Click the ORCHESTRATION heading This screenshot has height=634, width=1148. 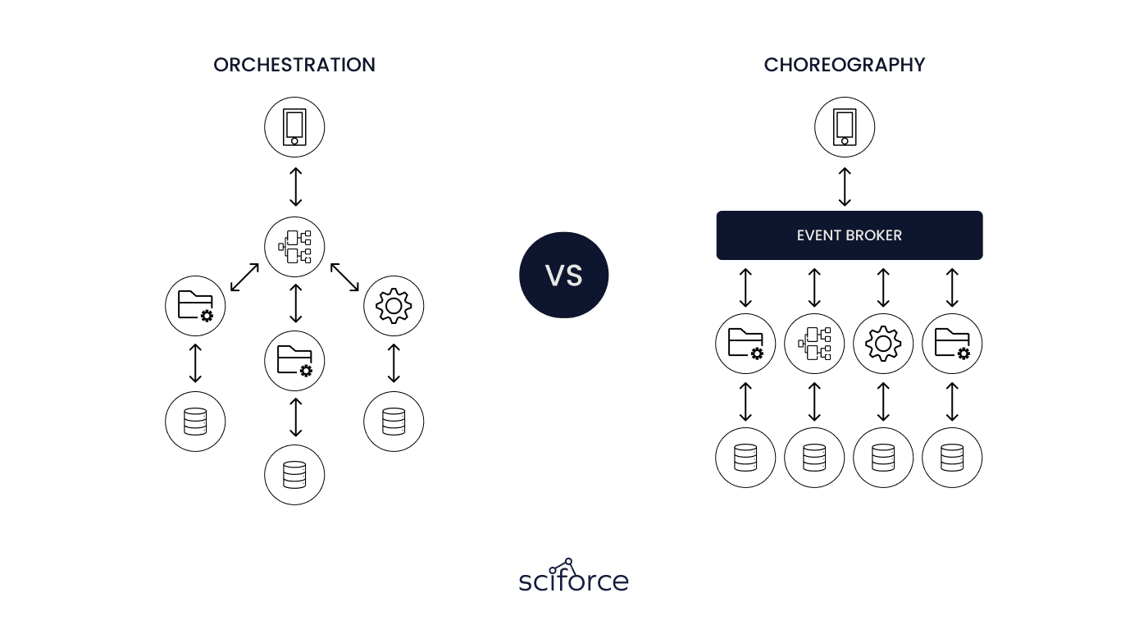click(294, 65)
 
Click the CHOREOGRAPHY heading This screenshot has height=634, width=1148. click(845, 65)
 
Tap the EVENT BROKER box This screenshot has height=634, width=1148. click(850, 235)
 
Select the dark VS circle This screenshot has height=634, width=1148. click(564, 276)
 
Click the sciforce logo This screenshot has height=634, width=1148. click(573, 575)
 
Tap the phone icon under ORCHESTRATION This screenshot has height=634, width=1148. click(294, 127)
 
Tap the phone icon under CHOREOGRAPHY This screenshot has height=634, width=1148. click(845, 127)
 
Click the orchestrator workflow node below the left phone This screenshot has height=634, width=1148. click(294, 247)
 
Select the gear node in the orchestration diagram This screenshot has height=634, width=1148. click(394, 306)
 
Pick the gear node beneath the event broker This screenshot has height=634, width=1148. click(883, 344)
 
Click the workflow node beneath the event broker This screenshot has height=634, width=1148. click(814, 344)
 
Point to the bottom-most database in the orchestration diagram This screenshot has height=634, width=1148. click(294, 475)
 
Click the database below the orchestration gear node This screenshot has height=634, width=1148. click(394, 422)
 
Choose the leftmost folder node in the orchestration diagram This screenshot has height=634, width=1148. click(195, 306)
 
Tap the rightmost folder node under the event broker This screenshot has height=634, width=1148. click(952, 344)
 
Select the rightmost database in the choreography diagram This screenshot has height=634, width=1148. click(952, 458)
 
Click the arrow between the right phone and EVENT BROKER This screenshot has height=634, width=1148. click(845, 187)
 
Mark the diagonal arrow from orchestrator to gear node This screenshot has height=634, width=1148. click(344, 277)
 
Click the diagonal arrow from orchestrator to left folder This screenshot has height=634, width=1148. click(244, 277)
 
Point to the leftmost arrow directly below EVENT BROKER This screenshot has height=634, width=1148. click(745, 288)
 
